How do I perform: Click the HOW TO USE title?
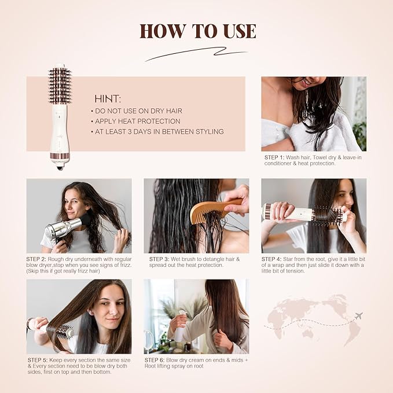pos(197,31)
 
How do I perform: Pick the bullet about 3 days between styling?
pos(157,131)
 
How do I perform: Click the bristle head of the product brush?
pos(59,86)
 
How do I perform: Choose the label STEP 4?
pos(273,259)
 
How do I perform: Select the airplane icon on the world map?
pos(358,315)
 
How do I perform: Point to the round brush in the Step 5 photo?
pos(58,330)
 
